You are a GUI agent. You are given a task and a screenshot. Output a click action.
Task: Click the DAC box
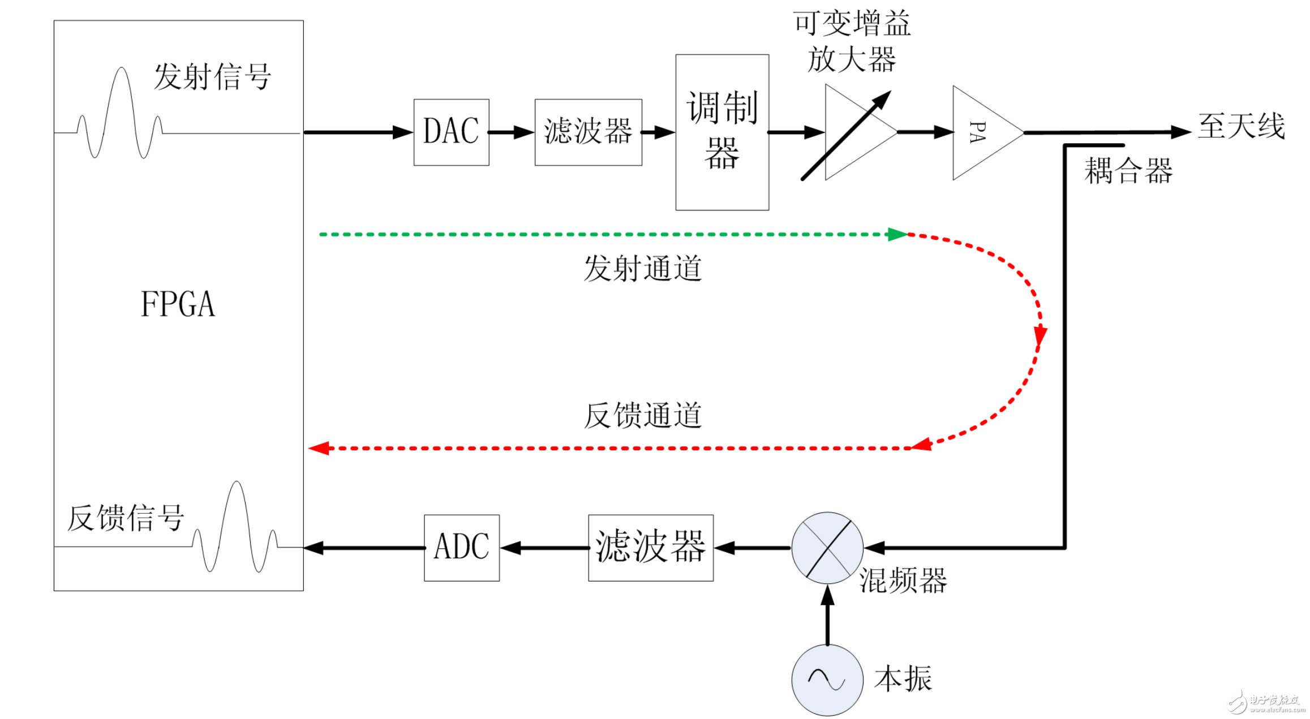point(451,132)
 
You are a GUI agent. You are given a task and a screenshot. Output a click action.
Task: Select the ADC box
point(462,548)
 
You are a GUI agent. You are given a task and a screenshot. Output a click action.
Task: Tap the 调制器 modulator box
point(722,132)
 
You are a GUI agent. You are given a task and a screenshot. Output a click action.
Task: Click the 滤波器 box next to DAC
point(588,132)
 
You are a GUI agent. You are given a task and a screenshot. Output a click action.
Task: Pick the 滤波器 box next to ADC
point(651,548)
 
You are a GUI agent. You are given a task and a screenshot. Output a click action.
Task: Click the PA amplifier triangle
point(982,132)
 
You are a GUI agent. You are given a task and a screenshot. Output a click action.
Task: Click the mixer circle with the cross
point(827,548)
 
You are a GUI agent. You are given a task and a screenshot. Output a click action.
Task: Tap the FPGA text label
point(178,304)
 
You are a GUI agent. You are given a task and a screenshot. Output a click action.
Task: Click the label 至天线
point(1242,126)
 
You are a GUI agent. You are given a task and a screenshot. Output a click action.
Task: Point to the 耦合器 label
point(1128,171)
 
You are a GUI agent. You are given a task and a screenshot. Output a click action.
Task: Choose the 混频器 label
point(903,580)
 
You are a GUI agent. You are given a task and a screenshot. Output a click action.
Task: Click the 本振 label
point(903,678)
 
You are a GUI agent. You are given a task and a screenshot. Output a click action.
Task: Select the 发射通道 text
point(643,268)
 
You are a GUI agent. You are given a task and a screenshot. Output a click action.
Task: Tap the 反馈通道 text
point(643,416)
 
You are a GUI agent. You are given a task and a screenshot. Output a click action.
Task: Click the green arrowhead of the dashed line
point(897,234)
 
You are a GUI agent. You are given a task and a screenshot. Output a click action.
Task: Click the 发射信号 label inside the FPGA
point(213,77)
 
